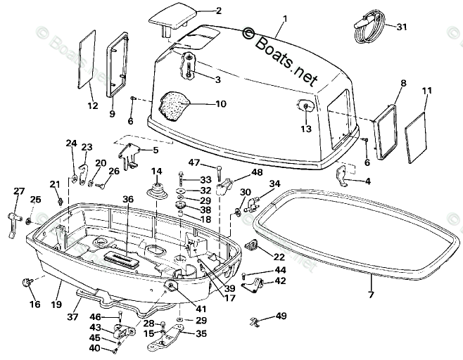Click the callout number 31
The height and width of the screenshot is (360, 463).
401,27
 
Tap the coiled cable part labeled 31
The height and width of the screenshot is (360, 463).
369,26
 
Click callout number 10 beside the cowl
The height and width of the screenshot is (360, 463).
221,104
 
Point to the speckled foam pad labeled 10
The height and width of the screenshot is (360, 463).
172,106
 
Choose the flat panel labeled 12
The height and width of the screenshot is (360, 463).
87,59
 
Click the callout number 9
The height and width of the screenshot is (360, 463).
112,114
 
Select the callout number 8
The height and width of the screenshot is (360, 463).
403,83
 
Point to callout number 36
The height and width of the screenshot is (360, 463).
128,200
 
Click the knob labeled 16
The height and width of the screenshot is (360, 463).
26,283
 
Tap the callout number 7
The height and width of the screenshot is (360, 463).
371,294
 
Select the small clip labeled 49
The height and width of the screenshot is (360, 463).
254,322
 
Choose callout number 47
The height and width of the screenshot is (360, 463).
194,162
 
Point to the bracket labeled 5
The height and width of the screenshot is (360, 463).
129,155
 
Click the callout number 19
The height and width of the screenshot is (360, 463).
56,304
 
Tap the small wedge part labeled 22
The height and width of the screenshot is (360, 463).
251,245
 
